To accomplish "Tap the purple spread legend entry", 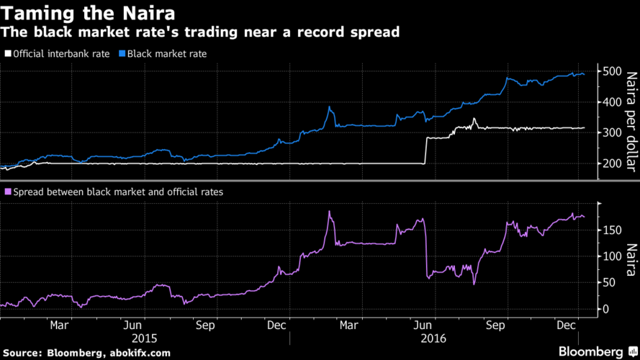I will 115,192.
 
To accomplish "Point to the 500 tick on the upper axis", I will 610,71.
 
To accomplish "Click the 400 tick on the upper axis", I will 610,102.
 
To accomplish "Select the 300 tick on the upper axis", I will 610,133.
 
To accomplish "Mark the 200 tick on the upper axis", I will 610,164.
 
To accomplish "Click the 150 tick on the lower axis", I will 610,230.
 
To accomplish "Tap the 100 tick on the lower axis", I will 610,256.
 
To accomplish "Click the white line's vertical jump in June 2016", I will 425,150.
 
